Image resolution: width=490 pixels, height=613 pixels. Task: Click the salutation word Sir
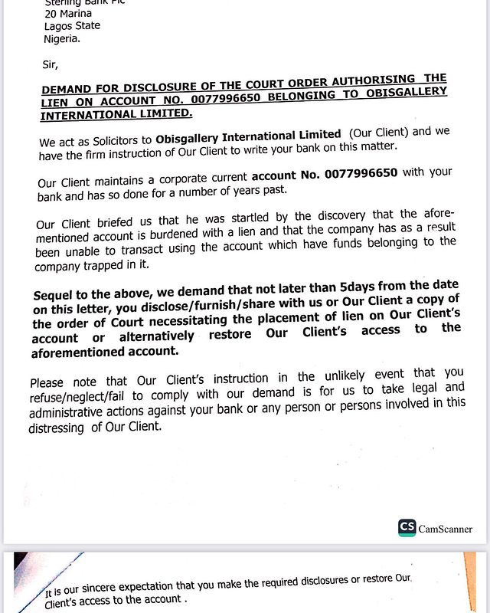[x=51, y=64]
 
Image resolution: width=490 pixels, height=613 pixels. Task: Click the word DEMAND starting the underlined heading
[x=67, y=89]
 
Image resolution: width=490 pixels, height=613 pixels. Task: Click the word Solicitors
[x=119, y=142]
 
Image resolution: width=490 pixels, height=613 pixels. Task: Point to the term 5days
[x=362, y=287]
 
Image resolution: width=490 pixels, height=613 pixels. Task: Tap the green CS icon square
[x=407, y=528]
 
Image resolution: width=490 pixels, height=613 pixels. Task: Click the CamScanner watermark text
[x=446, y=529]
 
